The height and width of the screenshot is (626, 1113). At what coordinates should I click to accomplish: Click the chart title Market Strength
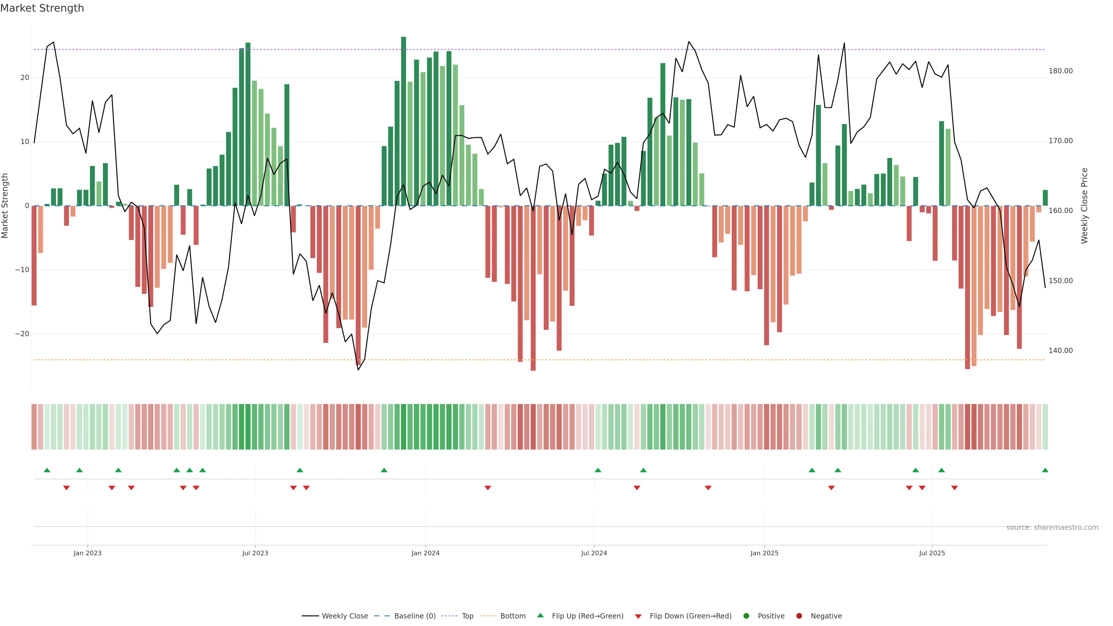(x=42, y=8)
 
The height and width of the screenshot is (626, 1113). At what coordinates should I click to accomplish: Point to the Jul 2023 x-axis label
(x=255, y=553)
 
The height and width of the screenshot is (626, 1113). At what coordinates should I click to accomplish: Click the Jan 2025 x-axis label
(x=764, y=553)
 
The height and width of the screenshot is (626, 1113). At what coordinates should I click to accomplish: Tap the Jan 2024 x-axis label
(x=425, y=553)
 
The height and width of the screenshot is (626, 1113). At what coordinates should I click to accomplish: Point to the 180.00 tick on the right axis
(x=1060, y=71)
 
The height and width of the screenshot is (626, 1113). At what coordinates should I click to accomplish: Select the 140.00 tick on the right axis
(x=1060, y=350)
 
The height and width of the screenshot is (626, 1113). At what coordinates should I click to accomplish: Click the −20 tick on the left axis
(x=22, y=334)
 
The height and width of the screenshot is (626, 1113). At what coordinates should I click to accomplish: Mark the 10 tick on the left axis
(x=25, y=142)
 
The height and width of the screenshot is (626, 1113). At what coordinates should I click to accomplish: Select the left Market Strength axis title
(x=5, y=206)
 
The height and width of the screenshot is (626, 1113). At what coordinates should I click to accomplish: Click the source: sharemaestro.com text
(x=1052, y=527)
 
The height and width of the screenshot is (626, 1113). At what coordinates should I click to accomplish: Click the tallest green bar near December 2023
(x=403, y=121)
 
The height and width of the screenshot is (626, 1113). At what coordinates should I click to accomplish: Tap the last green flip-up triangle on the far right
(x=1045, y=470)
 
